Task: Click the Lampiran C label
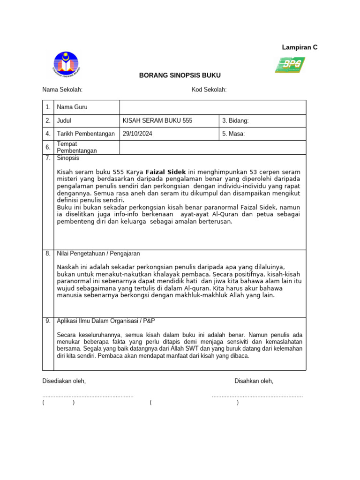(300, 47)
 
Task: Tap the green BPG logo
(290, 65)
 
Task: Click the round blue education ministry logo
(66, 65)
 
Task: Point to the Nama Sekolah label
(62, 90)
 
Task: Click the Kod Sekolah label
(209, 90)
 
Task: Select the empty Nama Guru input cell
(213, 107)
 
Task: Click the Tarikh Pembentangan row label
(86, 134)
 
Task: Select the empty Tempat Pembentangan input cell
(213, 147)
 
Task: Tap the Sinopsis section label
(68, 158)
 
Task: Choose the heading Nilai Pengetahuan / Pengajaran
(98, 254)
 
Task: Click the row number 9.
(48, 321)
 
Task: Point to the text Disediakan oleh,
(64, 381)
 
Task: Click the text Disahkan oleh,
(254, 381)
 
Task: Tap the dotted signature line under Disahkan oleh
(257, 397)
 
